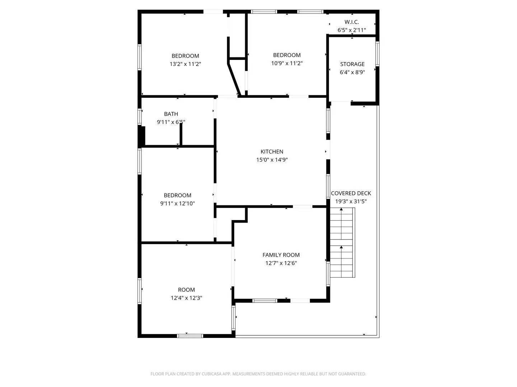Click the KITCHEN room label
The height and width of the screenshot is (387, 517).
pyautogui.click(x=272, y=152)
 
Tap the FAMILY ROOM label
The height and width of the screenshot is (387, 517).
pyautogui.click(x=281, y=255)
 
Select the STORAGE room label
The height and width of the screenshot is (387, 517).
pyautogui.click(x=352, y=64)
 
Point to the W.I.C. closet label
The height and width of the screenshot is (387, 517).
pyautogui.click(x=351, y=22)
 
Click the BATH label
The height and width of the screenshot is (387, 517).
pyautogui.click(x=171, y=114)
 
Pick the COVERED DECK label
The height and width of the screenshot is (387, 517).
pyautogui.click(x=351, y=193)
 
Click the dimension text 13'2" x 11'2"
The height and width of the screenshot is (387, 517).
pyautogui.click(x=185, y=64)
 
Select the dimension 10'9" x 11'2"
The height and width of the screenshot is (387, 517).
pyautogui.click(x=287, y=63)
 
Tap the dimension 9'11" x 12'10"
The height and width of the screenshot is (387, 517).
pyautogui.click(x=177, y=204)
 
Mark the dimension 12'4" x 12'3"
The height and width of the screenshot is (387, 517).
pyautogui.click(x=186, y=298)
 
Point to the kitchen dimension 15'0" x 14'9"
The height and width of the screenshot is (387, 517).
pyautogui.click(x=272, y=160)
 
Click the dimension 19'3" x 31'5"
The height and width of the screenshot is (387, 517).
pyautogui.click(x=351, y=201)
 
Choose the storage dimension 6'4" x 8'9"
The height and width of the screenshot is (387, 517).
pyautogui.click(x=352, y=72)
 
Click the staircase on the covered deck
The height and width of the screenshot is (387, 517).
pyautogui.click(x=342, y=243)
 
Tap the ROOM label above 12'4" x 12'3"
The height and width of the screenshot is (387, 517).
pyautogui.click(x=186, y=290)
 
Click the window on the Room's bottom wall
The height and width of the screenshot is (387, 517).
pyautogui.click(x=190, y=336)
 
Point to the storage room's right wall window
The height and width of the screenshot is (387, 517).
pyautogui.click(x=377, y=54)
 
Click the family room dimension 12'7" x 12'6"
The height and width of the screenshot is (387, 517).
pyautogui.click(x=281, y=263)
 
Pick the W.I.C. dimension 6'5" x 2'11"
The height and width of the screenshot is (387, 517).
pyautogui.click(x=351, y=30)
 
